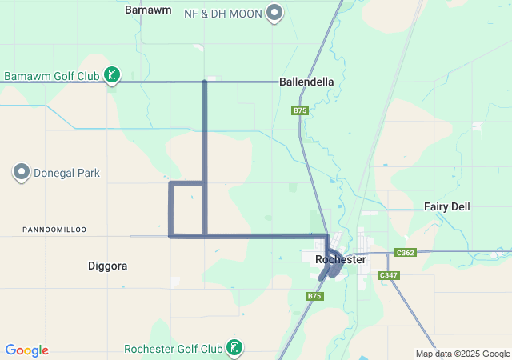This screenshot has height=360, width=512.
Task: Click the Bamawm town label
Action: coord(145,10)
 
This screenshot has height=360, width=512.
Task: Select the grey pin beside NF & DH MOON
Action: coord(274,13)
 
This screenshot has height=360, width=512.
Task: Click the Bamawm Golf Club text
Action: coord(51,77)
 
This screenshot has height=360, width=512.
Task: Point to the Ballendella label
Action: coord(306,82)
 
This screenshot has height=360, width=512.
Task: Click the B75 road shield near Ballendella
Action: coord(300,110)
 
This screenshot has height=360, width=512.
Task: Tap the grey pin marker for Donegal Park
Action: coord(22,172)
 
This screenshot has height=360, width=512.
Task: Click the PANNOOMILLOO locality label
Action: coord(54,230)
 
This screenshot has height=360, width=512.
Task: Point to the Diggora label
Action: coord(107,265)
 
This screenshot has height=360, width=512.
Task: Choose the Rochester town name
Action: coord(341,259)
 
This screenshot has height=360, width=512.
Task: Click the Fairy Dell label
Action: coord(446,206)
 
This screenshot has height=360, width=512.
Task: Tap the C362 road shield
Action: coord(405,253)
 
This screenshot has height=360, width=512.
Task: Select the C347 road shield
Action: coord(388,275)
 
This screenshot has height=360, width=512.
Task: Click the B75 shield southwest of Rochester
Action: coord(314,296)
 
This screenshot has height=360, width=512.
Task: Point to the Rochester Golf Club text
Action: coord(174,349)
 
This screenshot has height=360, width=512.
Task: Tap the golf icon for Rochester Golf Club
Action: coord(234,348)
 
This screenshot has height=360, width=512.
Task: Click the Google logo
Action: coord(26,350)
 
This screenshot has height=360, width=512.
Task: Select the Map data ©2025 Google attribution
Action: coord(462,354)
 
